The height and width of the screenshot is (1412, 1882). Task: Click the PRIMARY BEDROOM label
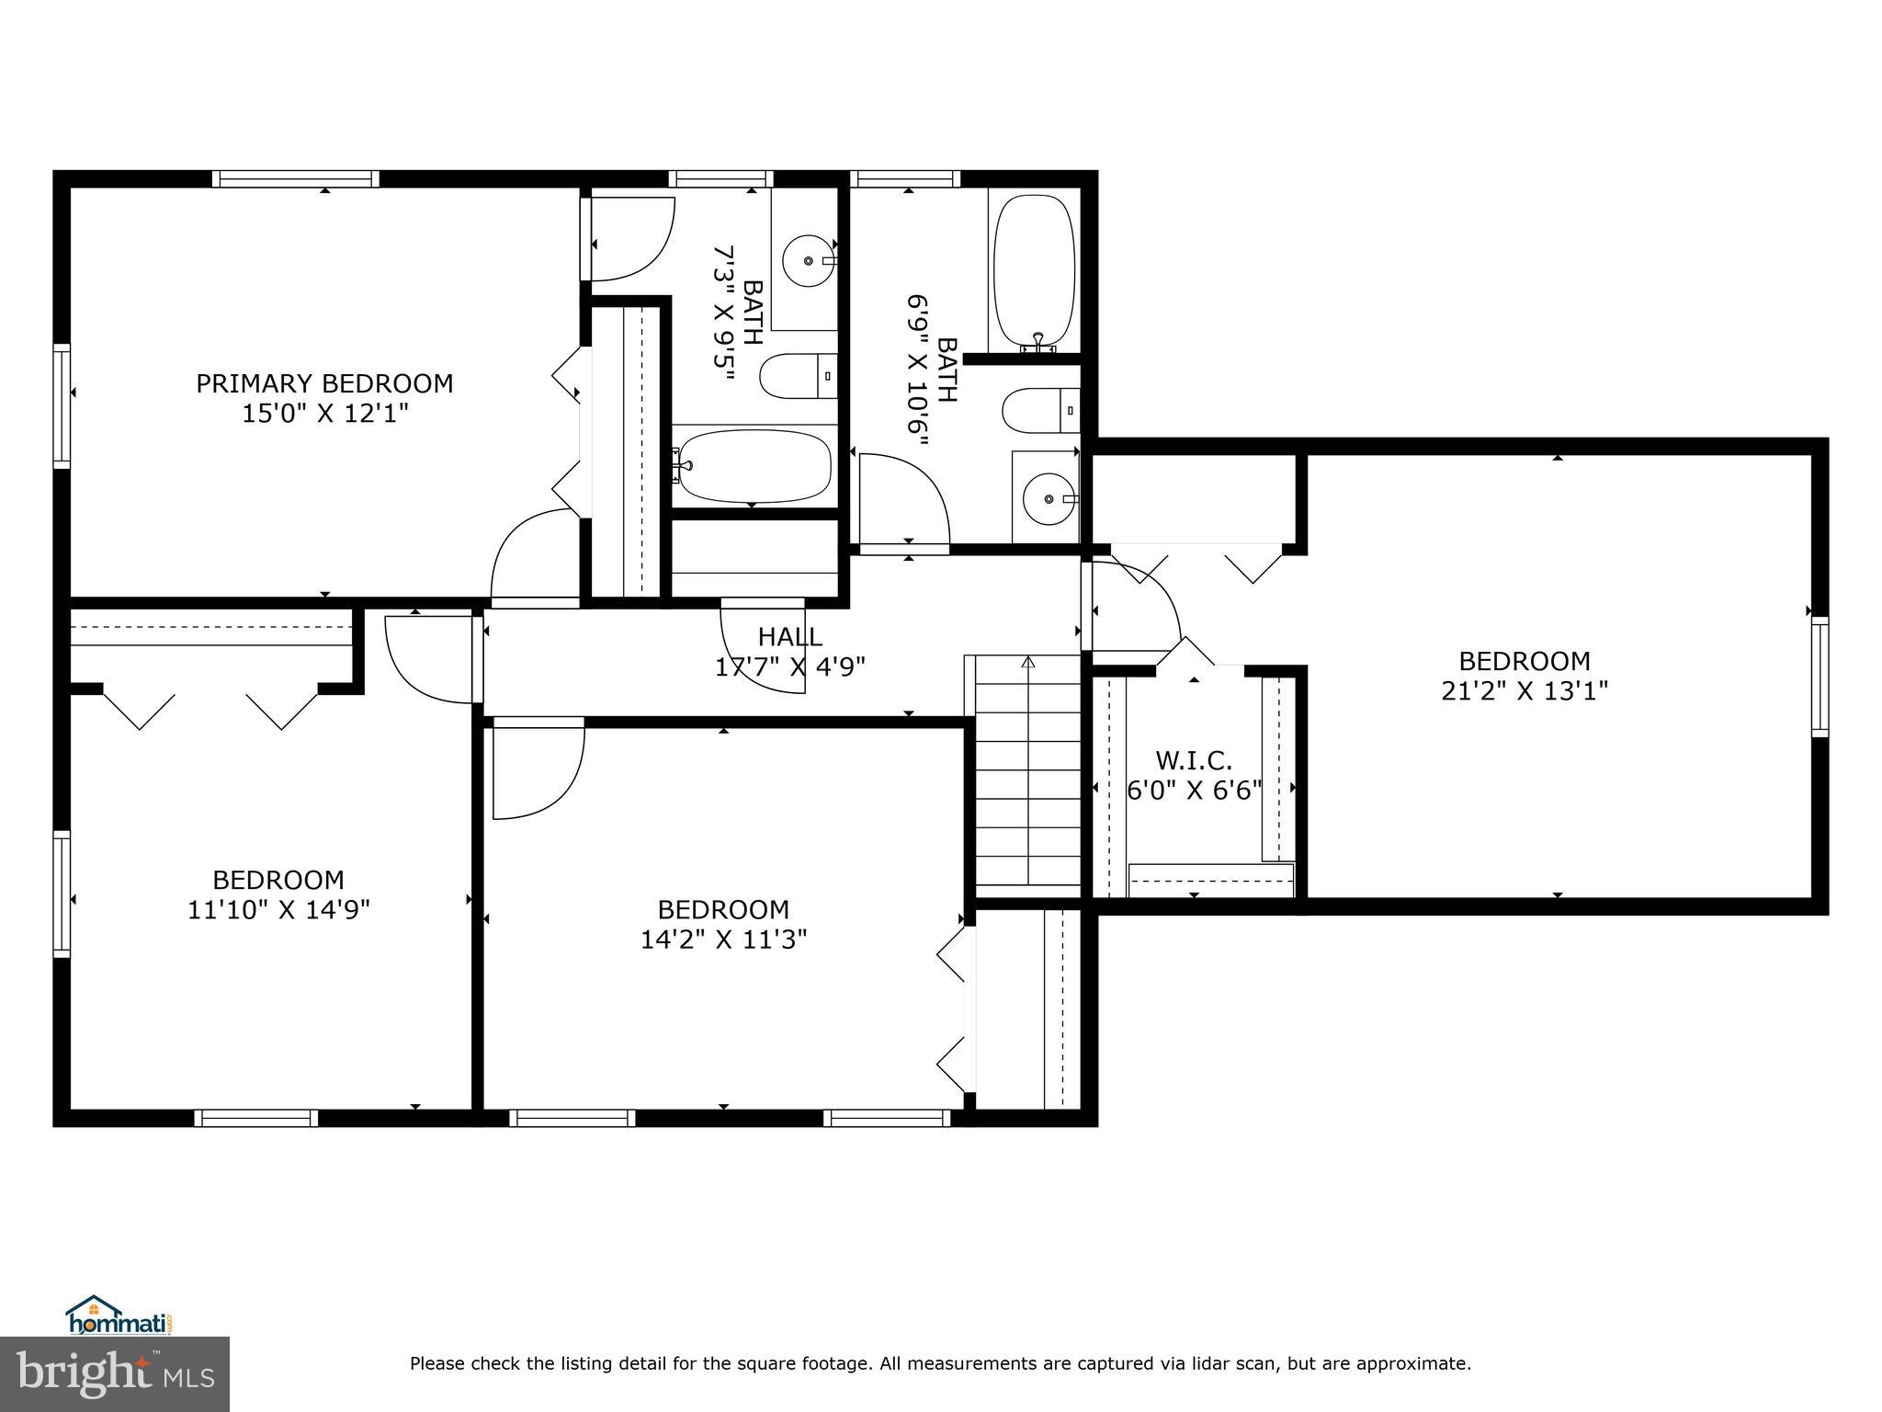(324, 383)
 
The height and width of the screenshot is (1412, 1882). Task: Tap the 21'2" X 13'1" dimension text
(1525, 690)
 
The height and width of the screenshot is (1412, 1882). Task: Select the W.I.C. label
(1193, 760)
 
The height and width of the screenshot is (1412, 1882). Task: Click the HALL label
(789, 636)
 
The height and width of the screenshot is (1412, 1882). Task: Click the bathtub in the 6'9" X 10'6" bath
(1035, 271)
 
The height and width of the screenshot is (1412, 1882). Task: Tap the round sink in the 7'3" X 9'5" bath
(808, 260)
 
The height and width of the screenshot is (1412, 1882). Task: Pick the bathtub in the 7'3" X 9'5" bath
(754, 466)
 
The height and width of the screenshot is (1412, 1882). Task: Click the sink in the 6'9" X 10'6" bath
(1049, 498)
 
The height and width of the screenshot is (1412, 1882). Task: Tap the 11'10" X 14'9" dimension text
(278, 910)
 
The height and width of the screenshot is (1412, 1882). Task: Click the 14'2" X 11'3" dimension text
(723, 939)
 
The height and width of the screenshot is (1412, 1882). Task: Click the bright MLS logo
(115, 1374)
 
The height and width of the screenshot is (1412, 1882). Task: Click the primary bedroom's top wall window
(296, 178)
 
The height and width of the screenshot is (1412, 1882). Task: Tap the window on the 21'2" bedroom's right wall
(1820, 678)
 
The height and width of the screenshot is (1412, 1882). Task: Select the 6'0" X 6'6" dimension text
(1194, 791)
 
